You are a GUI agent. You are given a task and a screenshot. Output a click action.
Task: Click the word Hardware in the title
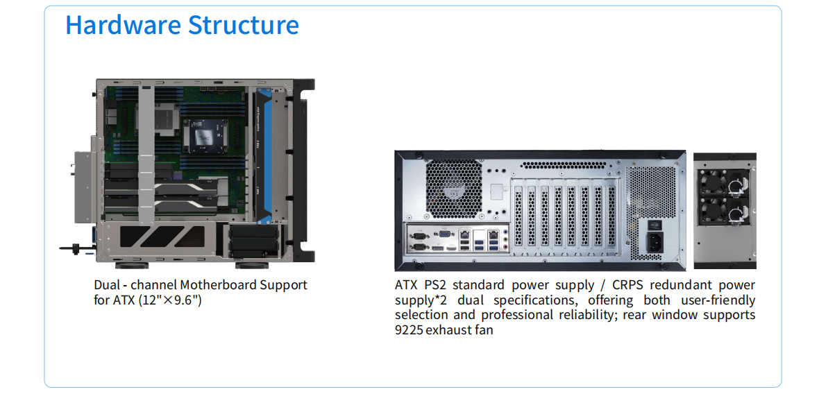point(123,25)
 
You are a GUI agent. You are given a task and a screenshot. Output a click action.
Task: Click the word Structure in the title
point(244,25)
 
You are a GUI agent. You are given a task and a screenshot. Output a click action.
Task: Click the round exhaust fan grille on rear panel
point(453,187)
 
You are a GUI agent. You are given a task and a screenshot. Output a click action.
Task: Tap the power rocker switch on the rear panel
point(654,224)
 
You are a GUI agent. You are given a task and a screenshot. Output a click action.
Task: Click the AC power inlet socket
point(654,243)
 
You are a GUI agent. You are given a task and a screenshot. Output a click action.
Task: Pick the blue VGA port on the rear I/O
point(444,235)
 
